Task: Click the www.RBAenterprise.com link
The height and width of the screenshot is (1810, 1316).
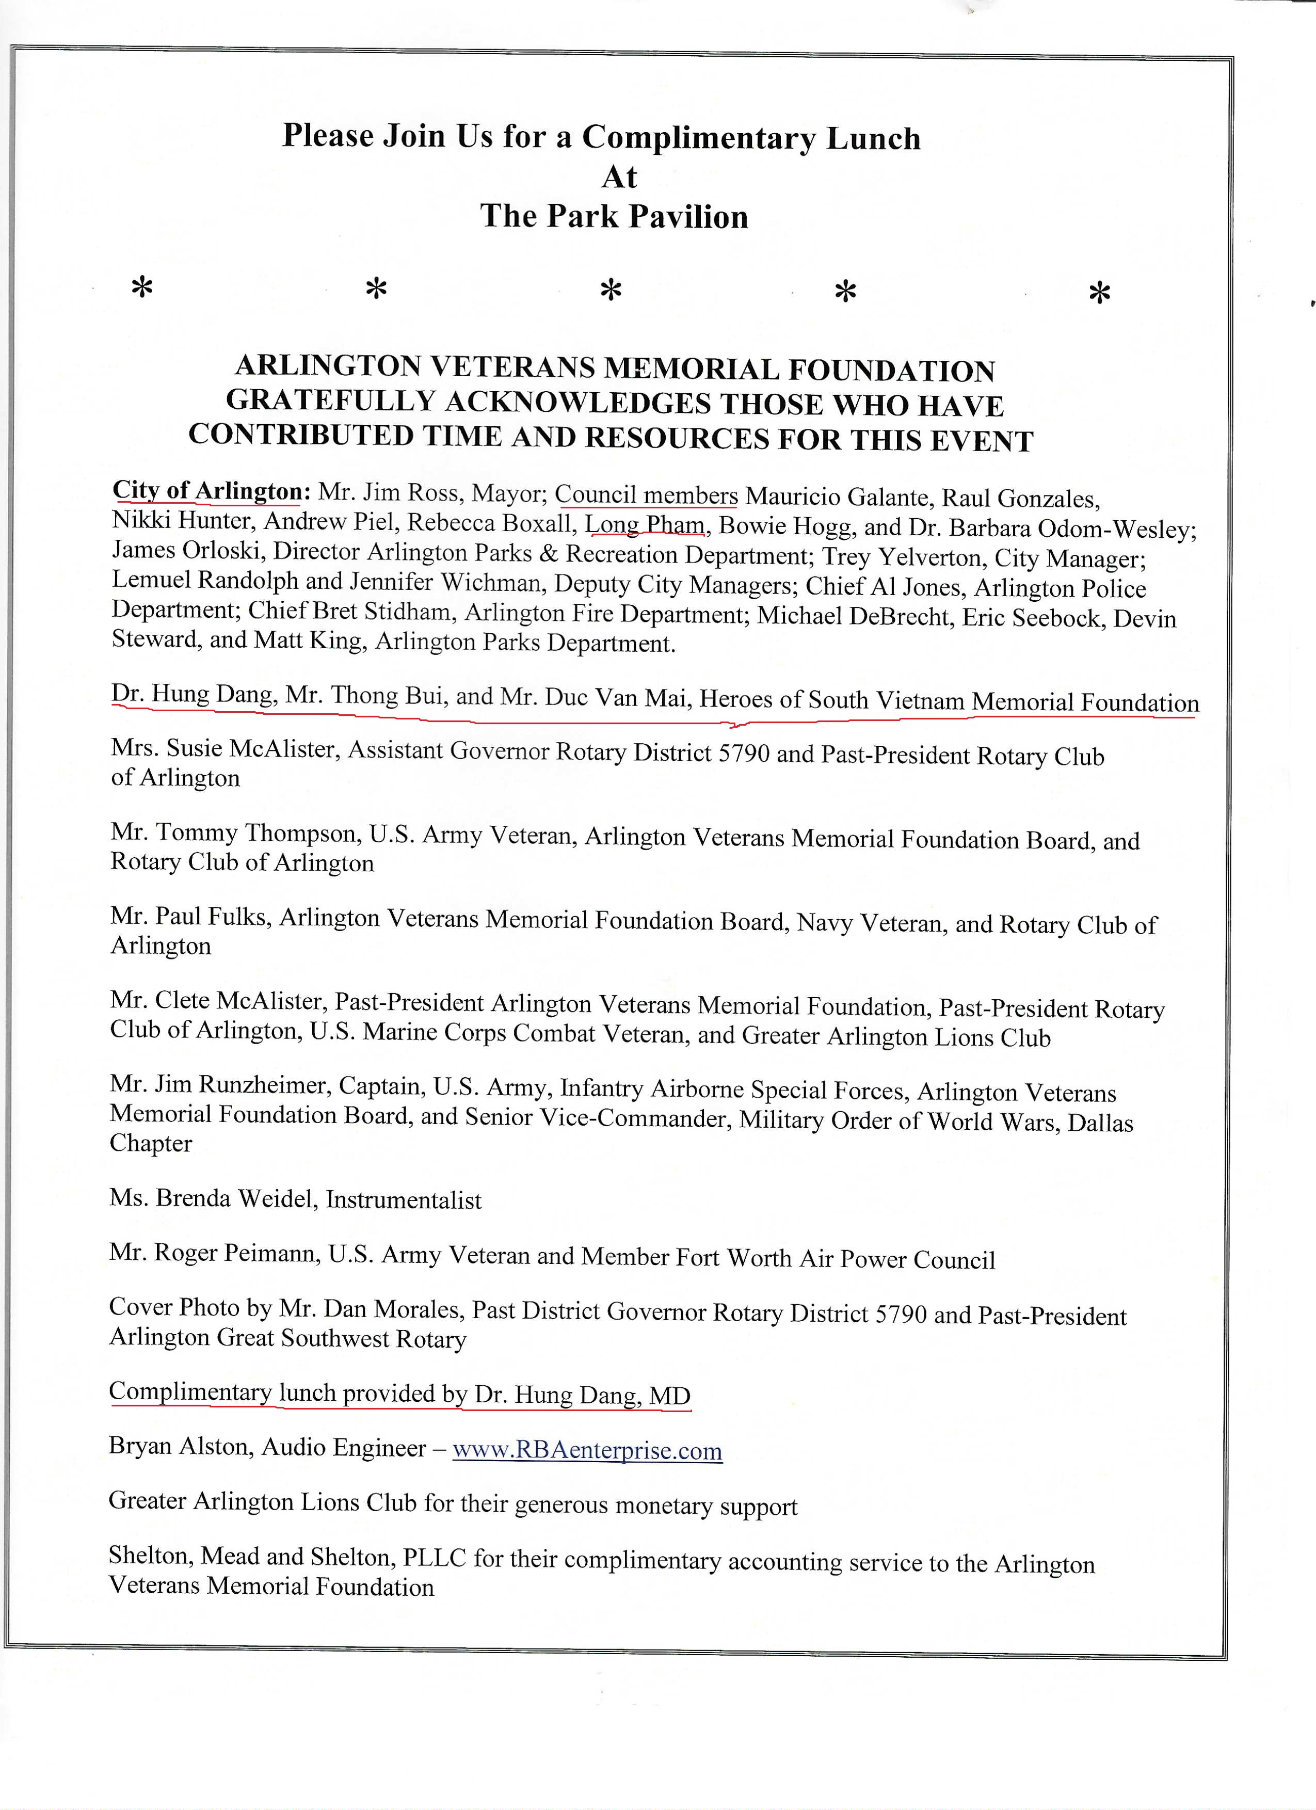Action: [x=587, y=1450]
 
